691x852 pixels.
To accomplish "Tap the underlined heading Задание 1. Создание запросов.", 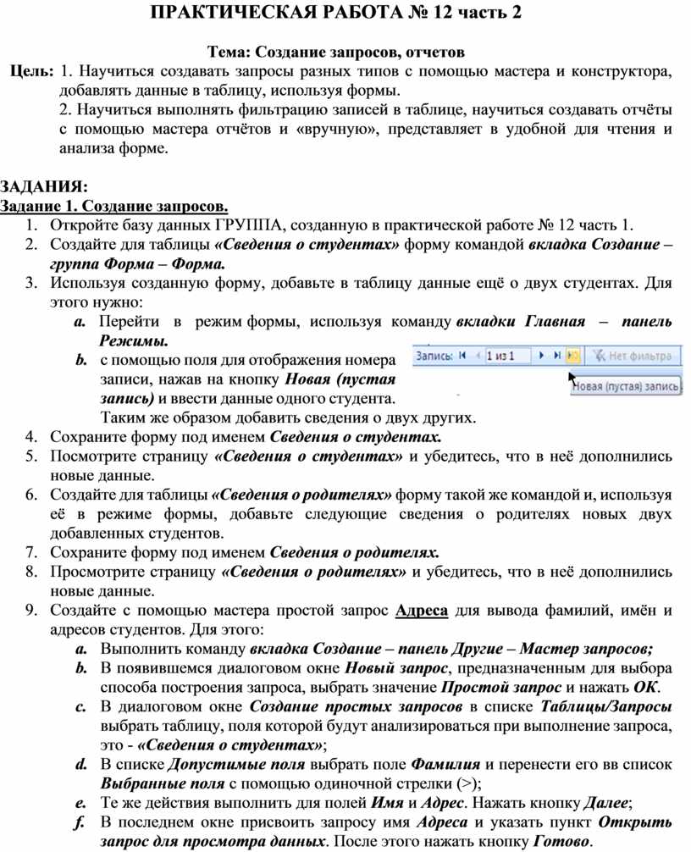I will [114, 206].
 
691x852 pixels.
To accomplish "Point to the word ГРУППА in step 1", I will [250, 225].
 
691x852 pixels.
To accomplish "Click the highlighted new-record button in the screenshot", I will [573, 357].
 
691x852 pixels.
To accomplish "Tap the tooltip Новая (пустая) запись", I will [627, 386].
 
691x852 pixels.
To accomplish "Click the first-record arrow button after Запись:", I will [462, 357].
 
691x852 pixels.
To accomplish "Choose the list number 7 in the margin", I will [30, 552].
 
